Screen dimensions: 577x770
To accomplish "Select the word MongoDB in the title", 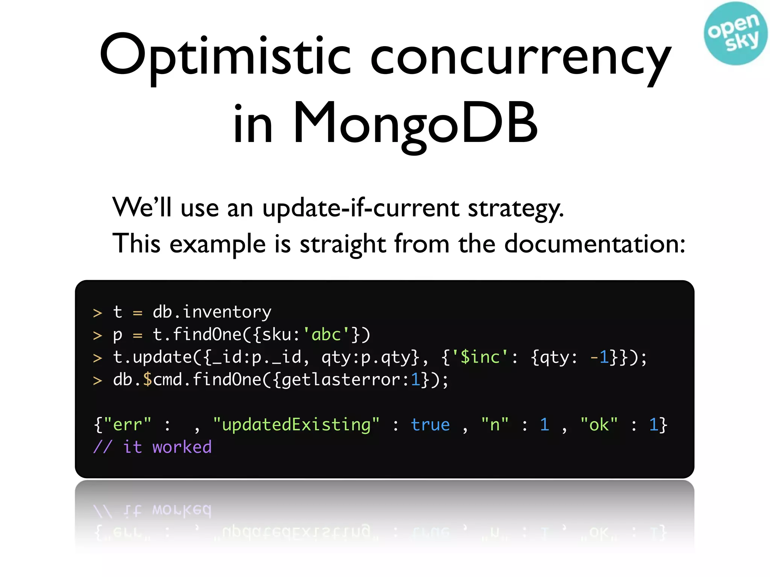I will click(415, 123).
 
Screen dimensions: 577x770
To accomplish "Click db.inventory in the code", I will click(212, 312).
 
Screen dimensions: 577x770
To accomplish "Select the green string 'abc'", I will click(326, 335).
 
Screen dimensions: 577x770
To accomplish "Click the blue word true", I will click(430, 425).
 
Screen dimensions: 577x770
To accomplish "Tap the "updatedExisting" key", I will click(296, 425).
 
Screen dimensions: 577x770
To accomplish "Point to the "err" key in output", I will click(127, 425).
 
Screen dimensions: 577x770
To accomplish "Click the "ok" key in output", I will click(599, 425).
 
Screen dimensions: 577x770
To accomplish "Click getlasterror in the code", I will click(341, 380).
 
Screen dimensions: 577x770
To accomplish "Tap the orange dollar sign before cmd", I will click(147, 380).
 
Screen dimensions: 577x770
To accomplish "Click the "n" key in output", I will click(495, 425).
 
